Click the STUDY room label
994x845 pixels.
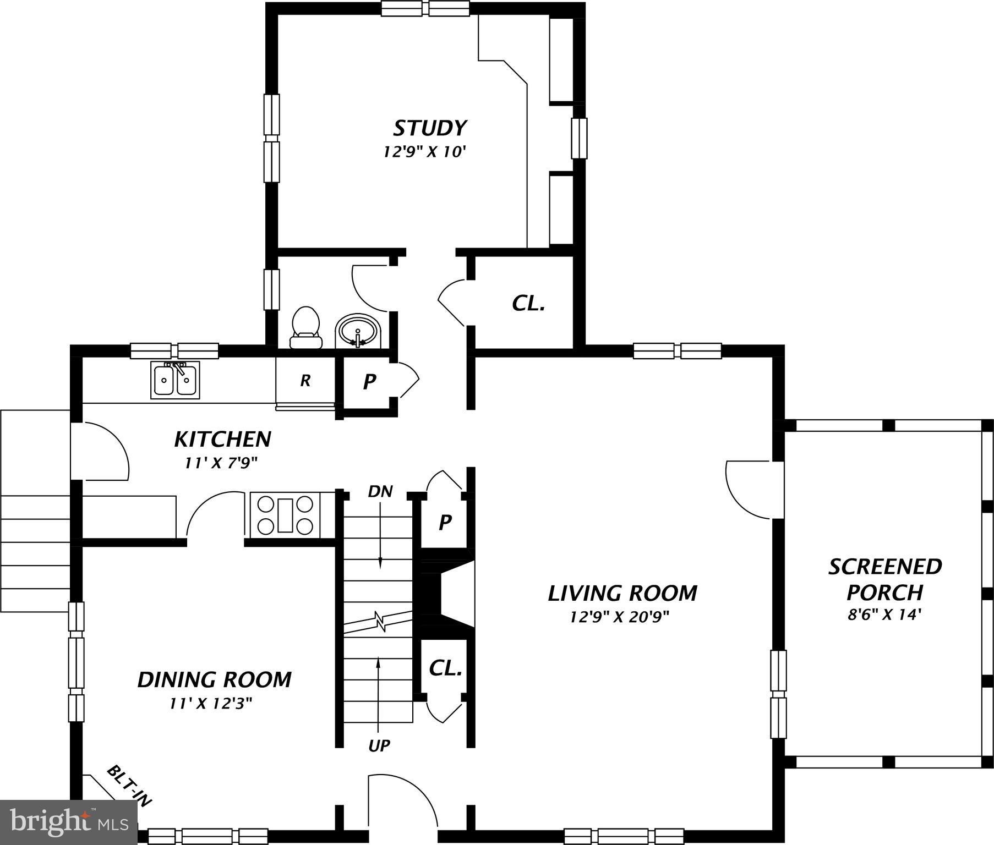[x=430, y=128]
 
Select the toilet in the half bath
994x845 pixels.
[x=306, y=328]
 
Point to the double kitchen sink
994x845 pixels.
[x=176, y=380]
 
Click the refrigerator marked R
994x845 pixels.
[x=305, y=381]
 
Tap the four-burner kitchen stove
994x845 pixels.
[x=285, y=515]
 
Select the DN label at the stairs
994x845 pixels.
[x=380, y=491]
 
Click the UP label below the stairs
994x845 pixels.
[x=379, y=746]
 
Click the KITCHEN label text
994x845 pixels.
[x=222, y=440]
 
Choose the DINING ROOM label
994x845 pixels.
[x=214, y=680]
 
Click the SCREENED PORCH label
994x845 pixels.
[x=885, y=579]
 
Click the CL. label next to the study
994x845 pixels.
[x=528, y=303]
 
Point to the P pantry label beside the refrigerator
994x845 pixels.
[x=369, y=381]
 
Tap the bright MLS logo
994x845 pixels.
[x=69, y=822]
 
